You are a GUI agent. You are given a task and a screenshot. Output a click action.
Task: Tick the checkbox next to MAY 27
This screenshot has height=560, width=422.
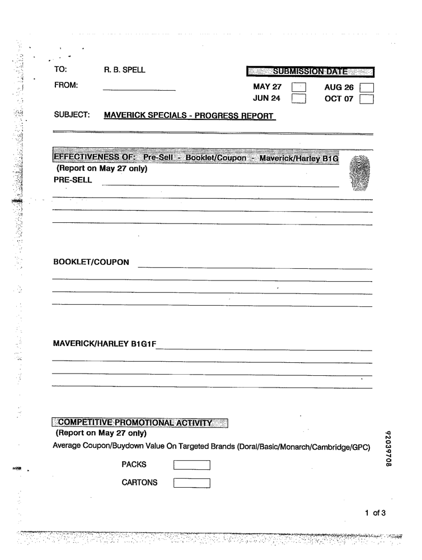pyautogui.click(x=299, y=87)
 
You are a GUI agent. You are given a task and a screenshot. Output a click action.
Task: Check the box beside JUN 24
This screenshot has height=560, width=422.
pyautogui.click(x=299, y=99)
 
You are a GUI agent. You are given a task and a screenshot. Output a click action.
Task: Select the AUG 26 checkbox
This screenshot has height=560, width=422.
pyautogui.click(x=367, y=87)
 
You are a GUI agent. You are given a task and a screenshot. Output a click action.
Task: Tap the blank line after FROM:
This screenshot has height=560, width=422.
pyautogui.click(x=139, y=88)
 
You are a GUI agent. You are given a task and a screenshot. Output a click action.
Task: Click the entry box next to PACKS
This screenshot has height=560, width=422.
pyautogui.click(x=191, y=464)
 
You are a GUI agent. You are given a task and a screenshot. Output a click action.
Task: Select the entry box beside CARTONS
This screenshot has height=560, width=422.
pyautogui.click(x=191, y=483)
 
